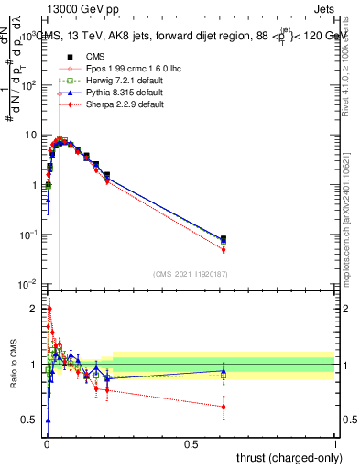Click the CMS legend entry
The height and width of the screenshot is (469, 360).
pyautogui.click(x=78, y=57)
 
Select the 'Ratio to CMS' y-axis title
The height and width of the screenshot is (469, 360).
pyautogui.click(x=12, y=365)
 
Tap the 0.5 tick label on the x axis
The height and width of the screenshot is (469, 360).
pyautogui.click(x=191, y=444)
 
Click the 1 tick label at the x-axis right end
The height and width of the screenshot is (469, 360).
pyautogui.click(x=335, y=444)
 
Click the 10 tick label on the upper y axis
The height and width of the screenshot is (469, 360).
pyautogui.click(x=29, y=135)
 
